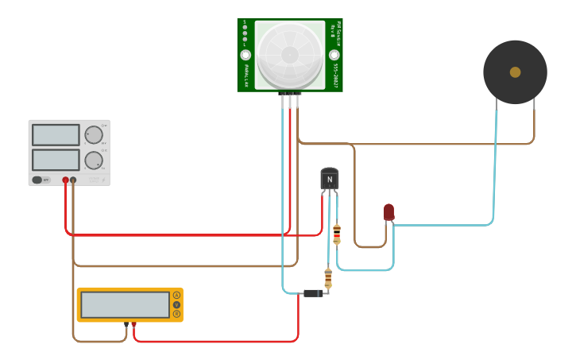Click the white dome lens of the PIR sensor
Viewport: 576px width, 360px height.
(290, 54)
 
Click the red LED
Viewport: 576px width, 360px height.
(389, 211)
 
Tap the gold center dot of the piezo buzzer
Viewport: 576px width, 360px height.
(515, 72)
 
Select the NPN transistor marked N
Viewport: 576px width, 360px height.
(329, 179)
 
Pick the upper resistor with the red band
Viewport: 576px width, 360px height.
(337, 234)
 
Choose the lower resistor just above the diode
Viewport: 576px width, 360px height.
(328, 278)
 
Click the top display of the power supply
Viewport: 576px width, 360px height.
(56, 134)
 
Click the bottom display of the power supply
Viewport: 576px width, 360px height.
(56, 159)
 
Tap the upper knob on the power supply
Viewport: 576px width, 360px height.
(94, 134)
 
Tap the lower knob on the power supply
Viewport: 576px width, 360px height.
(94, 160)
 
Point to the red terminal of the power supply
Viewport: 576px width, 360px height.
(65, 180)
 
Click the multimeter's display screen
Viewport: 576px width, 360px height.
(125, 304)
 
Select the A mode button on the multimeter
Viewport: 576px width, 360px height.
(176, 295)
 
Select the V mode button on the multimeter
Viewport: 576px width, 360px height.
(176, 304)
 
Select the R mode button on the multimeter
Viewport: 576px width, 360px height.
(176, 314)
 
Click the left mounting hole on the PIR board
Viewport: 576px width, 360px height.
(245, 55)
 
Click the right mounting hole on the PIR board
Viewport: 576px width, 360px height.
(334, 55)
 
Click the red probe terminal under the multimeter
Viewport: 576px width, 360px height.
(133, 324)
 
